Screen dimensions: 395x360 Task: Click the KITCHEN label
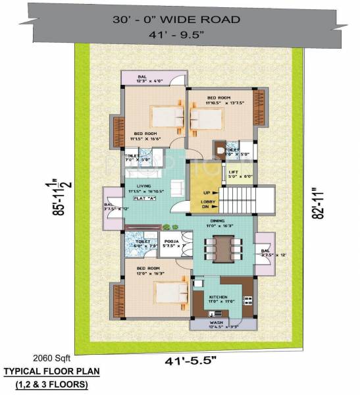pyautogui.click(x=218, y=298)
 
